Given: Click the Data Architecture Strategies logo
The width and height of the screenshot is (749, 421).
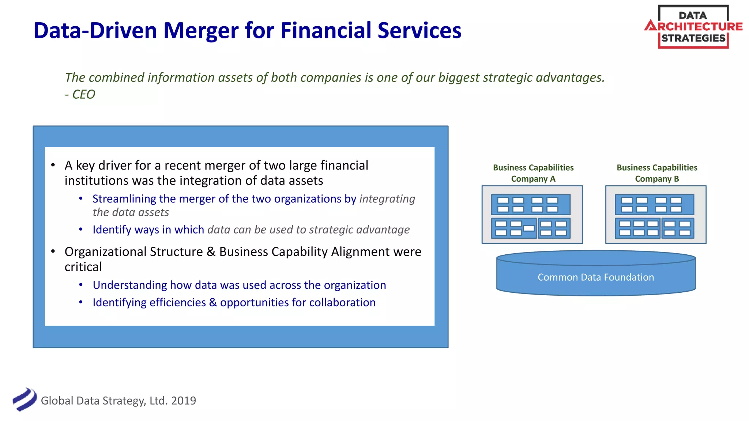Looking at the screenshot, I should tap(693, 27).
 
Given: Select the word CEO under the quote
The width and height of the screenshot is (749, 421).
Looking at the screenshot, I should tap(84, 94).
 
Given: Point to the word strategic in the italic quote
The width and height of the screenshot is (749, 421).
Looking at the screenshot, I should tap(507, 77).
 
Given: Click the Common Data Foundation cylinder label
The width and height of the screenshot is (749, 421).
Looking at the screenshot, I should tap(595, 277).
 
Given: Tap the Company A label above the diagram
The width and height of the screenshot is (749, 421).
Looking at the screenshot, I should tap(533, 179).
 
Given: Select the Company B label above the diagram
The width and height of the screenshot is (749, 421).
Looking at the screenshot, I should tap(657, 179).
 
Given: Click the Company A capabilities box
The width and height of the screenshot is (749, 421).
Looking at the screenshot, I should tap(532, 215).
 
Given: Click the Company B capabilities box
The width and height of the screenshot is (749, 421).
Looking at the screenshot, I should tap(656, 215).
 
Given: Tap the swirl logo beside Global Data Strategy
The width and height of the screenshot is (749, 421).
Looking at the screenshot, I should tap(25, 399).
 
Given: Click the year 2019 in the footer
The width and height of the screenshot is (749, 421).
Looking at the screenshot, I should tap(184, 401).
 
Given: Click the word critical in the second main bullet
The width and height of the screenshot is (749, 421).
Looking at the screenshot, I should tap(83, 267).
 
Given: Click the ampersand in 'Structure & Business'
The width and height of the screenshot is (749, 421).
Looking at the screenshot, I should tap(211, 252).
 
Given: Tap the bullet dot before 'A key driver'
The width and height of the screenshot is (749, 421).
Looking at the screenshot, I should tap(53, 165).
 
